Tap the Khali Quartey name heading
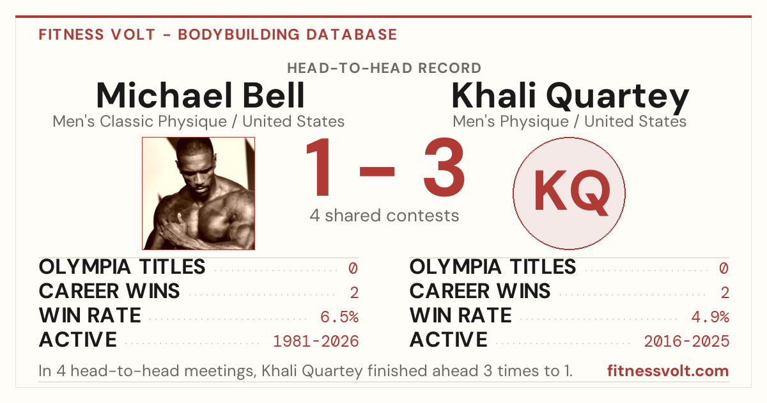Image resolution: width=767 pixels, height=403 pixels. [x=570, y=97]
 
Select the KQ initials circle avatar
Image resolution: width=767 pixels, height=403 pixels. [x=569, y=193]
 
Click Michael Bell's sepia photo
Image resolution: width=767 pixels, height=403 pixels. [x=199, y=193]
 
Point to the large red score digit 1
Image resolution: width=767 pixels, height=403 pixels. [x=319, y=167]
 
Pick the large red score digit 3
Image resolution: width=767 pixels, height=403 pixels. [x=444, y=167]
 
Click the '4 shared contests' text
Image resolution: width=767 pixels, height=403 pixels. [x=384, y=216]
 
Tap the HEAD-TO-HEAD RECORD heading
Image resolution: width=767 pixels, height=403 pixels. [x=384, y=68]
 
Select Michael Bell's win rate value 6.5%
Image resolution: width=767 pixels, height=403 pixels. [x=339, y=317]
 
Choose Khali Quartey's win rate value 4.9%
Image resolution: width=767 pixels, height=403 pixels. [x=710, y=317]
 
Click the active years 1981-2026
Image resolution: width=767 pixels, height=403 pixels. [x=316, y=342]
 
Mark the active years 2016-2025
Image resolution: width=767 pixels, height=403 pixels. [x=686, y=342]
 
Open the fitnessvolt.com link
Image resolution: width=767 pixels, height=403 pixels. [x=668, y=371]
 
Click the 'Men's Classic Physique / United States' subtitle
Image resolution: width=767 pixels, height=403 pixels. [x=199, y=122]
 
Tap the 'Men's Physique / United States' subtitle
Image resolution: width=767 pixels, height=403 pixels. [x=569, y=122]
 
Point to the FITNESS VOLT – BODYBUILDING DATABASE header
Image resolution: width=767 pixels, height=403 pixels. [x=218, y=35]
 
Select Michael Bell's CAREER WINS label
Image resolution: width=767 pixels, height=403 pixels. [x=109, y=291]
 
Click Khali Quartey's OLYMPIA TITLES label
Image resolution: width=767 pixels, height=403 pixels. [x=493, y=267]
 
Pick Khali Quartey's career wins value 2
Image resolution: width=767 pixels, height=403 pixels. [x=725, y=293]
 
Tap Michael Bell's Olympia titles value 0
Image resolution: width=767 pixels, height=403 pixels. [x=353, y=268]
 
